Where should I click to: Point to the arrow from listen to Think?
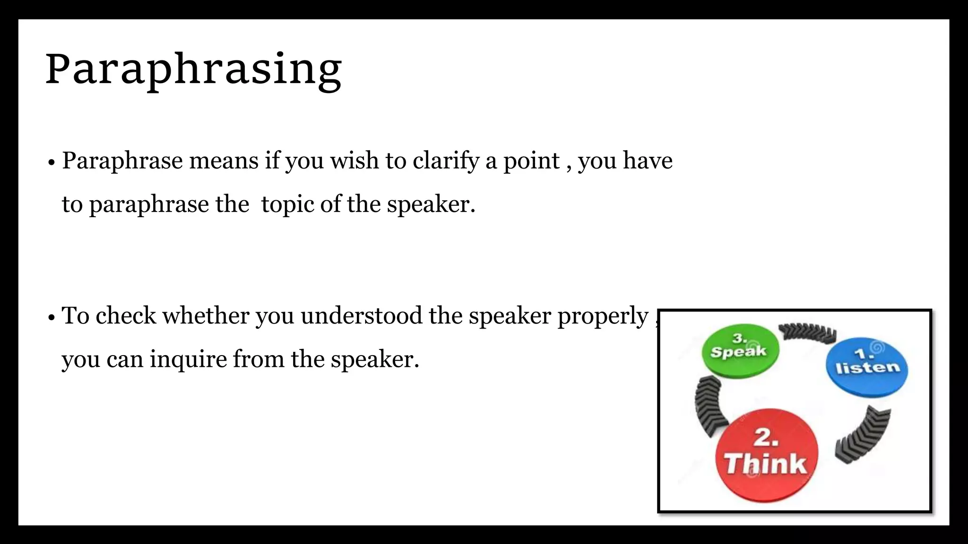pos(863,433)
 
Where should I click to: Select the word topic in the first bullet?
pos(287,204)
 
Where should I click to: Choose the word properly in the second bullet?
pos(603,316)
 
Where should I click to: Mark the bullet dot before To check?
pos(52,318)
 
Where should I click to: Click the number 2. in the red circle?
pos(766,437)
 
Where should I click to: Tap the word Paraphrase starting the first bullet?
pos(122,161)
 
